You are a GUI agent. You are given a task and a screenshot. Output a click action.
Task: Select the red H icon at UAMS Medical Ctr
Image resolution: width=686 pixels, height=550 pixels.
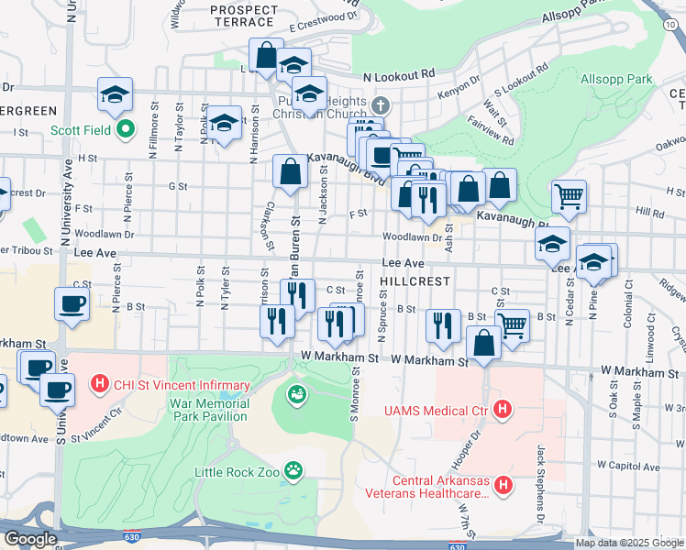502,408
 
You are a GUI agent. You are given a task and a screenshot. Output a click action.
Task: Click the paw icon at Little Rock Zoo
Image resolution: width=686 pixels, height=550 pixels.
293,471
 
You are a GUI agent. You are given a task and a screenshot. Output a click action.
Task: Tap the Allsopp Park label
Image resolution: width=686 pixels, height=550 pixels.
616,80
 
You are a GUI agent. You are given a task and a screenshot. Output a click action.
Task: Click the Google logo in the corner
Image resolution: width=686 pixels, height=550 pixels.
30,539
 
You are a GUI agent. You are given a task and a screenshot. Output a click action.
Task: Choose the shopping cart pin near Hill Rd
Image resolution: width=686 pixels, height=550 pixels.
570,196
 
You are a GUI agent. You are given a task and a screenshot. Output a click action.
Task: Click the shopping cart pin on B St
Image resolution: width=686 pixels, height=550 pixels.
512,324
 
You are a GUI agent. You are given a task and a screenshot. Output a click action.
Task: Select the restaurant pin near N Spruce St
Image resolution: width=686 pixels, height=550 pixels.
443,325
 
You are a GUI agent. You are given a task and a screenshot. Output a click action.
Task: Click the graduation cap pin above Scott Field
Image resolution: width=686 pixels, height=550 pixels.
116,93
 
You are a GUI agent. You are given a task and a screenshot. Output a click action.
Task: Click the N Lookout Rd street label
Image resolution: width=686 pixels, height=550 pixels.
398,75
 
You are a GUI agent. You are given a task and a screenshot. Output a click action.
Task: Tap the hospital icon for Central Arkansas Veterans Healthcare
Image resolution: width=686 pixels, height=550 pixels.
502,485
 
